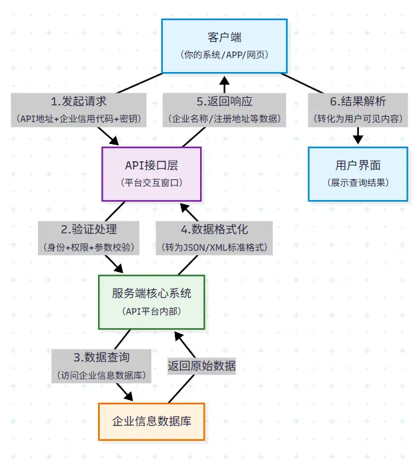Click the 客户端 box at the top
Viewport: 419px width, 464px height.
coord(224,45)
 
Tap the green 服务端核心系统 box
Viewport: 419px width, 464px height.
coord(151,301)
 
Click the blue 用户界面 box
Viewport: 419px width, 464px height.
coord(358,173)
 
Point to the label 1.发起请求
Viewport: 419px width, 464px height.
coord(79,101)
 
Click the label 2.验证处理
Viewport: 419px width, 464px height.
coord(89,229)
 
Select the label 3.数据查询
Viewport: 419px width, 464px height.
coord(101,357)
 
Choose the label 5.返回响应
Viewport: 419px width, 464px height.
coord(224,101)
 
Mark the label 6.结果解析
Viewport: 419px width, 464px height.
coord(358,101)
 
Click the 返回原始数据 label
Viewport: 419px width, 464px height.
coord(201,365)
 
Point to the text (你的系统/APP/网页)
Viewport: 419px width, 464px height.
coord(224,54)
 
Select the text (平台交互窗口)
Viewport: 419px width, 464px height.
coord(151,182)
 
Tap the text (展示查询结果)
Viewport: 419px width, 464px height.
coord(358,182)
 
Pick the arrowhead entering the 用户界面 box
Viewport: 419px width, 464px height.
coord(358,139)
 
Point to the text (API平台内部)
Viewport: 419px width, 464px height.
coord(151,311)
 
